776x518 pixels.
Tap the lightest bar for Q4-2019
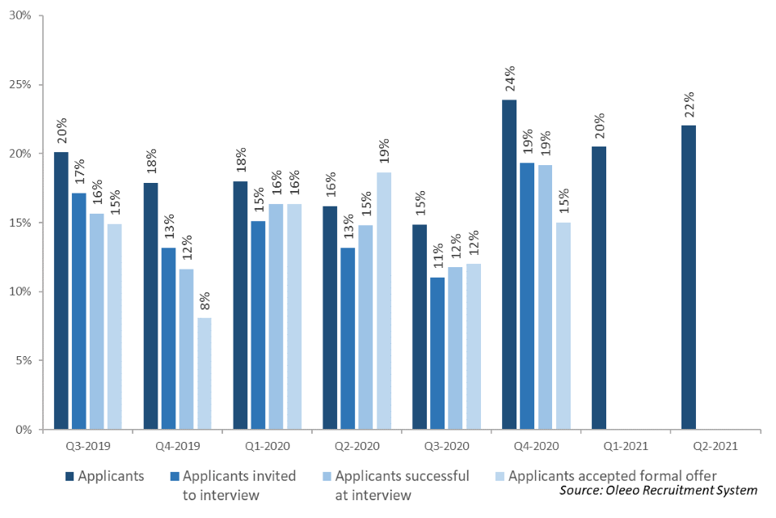[205, 373]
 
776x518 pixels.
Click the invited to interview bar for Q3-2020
[437, 353]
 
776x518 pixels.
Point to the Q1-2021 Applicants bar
[599, 287]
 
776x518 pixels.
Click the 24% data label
[510, 82]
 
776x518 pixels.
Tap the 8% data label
[205, 300]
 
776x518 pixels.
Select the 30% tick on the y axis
[20, 16]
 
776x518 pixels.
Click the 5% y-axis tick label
[23, 360]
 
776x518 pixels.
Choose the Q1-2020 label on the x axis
[267, 445]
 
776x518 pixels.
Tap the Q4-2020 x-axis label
[536, 445]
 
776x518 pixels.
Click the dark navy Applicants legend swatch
[69, 476]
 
